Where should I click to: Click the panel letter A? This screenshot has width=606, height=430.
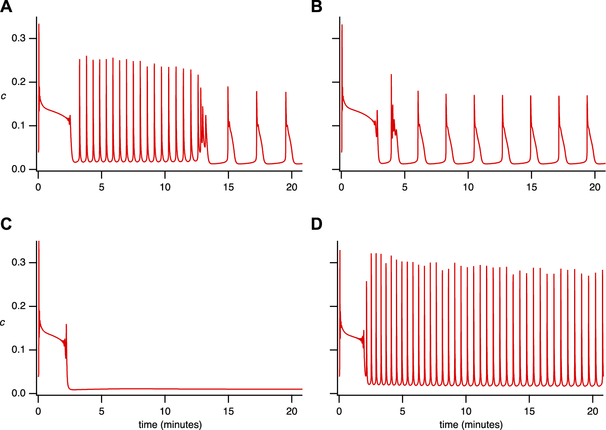coord(6,7)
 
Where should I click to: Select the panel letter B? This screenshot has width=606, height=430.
coord(317,7)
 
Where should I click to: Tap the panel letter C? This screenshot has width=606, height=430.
coord(6,224)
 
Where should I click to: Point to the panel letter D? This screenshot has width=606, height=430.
coord(317,224)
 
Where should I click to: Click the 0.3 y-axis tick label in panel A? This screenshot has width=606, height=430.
coord(18,38)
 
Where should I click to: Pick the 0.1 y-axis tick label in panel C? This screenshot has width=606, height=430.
coord(18,350)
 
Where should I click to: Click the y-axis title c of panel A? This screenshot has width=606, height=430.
coord(4,96)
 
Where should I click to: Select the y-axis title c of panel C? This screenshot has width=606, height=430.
coord(4,322)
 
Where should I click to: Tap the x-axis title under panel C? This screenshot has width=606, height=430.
coord(170,424)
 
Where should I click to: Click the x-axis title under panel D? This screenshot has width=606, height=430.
coord(471,424)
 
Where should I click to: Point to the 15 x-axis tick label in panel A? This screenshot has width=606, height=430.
coord(228,187)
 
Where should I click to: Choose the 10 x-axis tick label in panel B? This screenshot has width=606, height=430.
coord(468,187)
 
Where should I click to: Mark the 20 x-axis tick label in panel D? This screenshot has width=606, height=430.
coord(593,411)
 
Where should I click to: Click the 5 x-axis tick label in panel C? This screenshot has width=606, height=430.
coord(101,411)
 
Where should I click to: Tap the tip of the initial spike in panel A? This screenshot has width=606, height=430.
coord(39,24)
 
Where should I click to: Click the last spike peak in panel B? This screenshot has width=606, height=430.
coord(587,96)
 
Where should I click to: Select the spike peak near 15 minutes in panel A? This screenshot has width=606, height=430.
coord(228,87)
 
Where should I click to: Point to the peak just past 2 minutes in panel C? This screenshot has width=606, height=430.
coord(66,324)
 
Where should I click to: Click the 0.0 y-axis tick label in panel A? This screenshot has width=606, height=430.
coord(18,169)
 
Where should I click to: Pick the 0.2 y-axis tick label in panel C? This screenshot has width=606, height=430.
coord(18,306)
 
